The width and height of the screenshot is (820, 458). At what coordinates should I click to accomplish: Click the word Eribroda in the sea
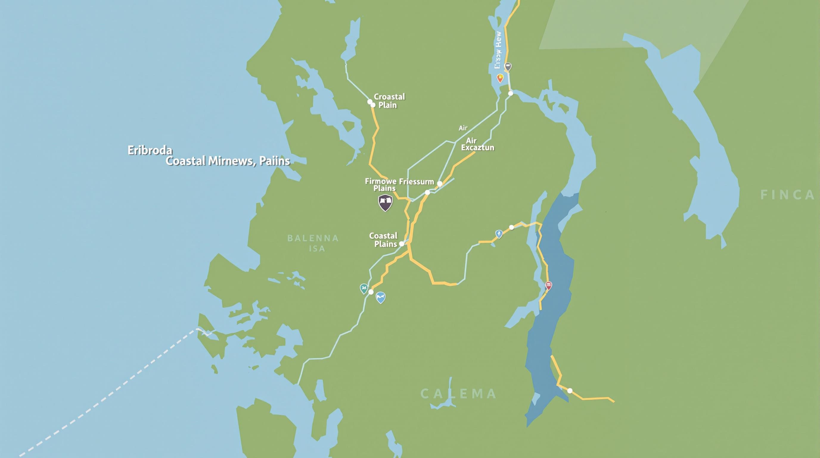150,150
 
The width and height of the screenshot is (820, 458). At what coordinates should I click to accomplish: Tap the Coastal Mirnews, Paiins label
228,161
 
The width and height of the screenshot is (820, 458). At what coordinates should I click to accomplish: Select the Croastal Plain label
389,101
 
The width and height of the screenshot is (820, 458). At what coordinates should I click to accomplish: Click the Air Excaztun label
477,144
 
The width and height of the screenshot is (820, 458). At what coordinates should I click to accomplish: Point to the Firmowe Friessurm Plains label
399,185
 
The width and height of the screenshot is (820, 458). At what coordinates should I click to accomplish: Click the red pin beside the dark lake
548,285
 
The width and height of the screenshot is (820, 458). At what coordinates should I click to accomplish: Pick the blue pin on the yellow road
498,234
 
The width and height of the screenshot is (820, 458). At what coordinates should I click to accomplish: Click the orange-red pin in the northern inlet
500,78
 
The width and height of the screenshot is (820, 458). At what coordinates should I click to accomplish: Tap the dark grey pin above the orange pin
508,67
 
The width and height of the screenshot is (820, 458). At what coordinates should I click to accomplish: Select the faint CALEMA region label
458,394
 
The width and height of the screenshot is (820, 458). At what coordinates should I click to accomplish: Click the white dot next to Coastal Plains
402,244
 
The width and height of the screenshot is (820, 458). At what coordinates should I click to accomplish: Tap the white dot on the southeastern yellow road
570,391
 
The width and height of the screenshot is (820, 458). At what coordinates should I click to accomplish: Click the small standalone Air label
463,128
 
